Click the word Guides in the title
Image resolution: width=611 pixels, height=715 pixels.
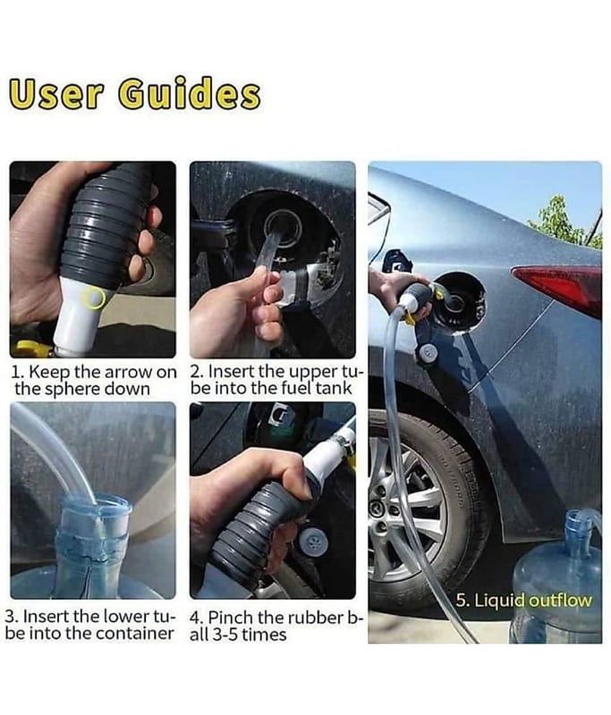(190, 95)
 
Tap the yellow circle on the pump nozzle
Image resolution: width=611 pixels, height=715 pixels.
(93, 299)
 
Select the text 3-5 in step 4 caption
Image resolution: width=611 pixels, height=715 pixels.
(225, 635)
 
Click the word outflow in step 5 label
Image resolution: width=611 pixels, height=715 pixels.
(560, 601)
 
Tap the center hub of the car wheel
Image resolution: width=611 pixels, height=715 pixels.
(383, 507)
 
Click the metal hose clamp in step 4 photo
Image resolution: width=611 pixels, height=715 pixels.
(343, 442)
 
